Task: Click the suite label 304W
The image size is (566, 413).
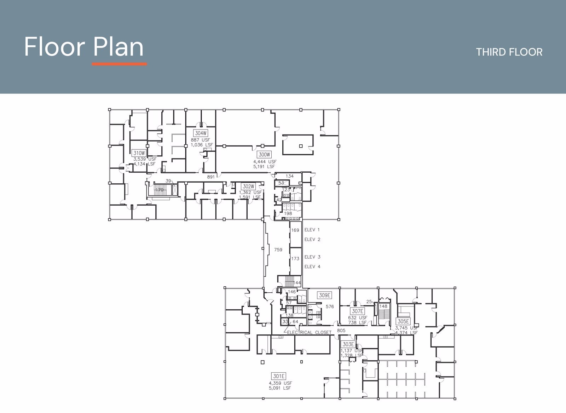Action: (x=201, y=133)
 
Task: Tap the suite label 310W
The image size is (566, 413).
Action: (x=139, y=153)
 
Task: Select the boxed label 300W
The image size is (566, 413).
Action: (x=264, y=155)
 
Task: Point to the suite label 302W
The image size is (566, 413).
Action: (x=248, y=187)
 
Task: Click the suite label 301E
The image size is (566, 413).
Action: (x=279, y=376)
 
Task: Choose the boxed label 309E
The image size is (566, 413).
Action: (x=324, y=295)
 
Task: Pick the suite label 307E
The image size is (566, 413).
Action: (x=357, y=311)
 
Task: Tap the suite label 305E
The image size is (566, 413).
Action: (x=403, y=321)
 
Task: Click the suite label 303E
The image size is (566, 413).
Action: (x=348, y=344)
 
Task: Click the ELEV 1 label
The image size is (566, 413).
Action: (x=312, y=230)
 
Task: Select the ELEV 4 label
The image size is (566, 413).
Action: (x=312, y=266)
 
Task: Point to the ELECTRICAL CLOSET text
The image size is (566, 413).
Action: (x=309, y=332)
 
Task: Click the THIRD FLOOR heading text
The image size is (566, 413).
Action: (x=509, y=52)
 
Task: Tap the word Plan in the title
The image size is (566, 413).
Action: (x=118, y=47)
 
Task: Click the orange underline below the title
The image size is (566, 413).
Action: (x=119, y=64)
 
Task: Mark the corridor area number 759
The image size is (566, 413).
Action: (x=278, y=250)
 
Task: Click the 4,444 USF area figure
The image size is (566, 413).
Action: (x=265, y=162)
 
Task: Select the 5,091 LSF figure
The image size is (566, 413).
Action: (x=279, y=388)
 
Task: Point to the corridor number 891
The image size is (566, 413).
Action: (x=211, y=177)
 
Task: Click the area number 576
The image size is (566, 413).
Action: (x=330, y=306)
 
